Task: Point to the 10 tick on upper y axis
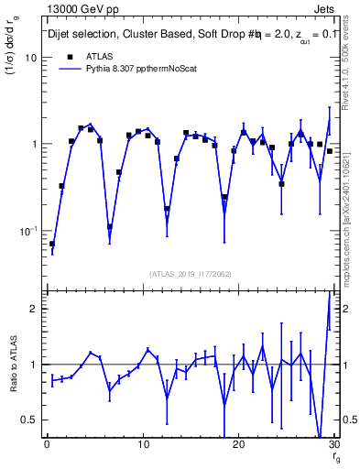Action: tap(30, 57)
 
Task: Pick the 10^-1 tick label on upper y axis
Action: tap(27, 230)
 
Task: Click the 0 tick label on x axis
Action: tap(47, 444)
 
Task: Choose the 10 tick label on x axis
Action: tap(142, 444)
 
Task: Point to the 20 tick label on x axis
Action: tap(238, 444)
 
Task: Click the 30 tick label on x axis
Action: tap(333, 444)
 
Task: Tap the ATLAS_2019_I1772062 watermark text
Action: tap(189, 273)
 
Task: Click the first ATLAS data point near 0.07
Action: tap(52, 244)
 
